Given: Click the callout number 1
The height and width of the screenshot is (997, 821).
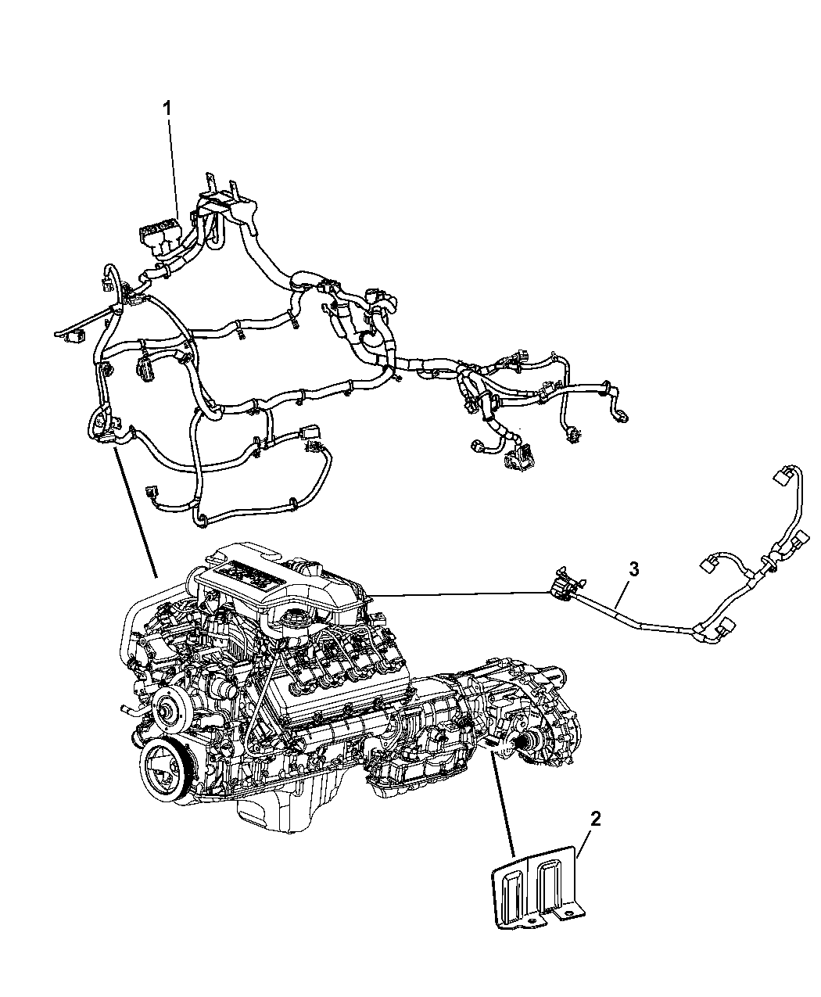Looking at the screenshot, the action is point(167,109).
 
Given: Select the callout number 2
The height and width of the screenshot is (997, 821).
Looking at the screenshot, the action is point(595,819).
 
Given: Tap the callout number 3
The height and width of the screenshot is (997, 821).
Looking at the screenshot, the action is point(633,568).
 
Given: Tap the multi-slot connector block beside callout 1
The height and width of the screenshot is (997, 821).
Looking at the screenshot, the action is point(159,238).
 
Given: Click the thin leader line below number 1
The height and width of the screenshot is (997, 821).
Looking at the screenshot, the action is point(173,167).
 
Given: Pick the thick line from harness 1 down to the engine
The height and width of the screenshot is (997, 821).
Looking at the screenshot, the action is point(134,511).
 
